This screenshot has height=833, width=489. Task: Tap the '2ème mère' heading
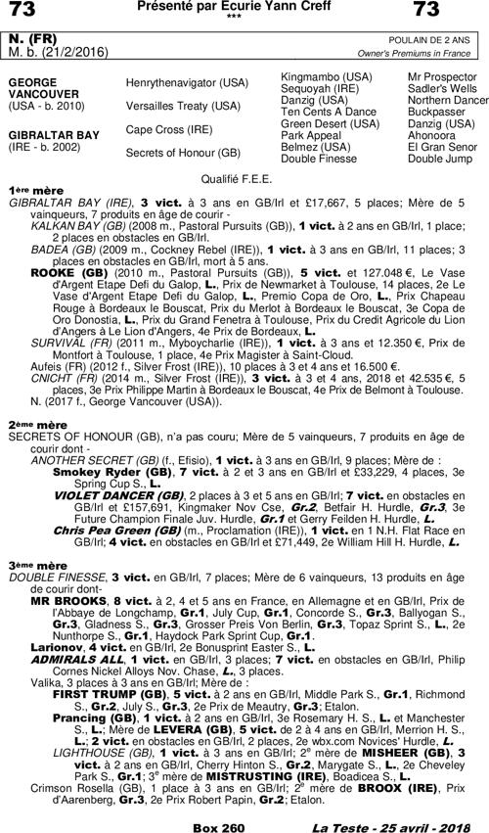tap(38, 425)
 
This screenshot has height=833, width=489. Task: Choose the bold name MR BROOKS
tap(67, 600)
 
